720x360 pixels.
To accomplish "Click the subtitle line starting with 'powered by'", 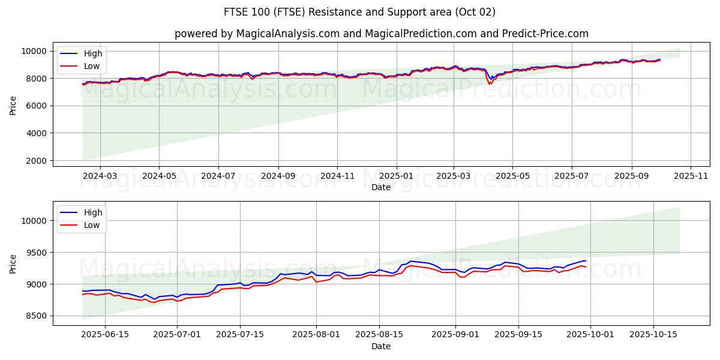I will coord(382,34).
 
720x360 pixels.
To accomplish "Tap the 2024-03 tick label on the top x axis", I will coord(100,176).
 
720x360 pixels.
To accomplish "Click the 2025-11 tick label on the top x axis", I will coord(691,176).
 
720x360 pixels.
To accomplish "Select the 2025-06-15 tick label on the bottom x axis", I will coord(105,335).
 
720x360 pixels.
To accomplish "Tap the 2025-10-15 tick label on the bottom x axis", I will coord(653,335).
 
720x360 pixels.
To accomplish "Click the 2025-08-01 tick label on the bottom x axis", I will coord(316,335).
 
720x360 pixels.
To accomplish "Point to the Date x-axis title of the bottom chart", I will coord(381,346).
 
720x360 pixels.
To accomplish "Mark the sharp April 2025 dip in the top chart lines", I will coord(490,83).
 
